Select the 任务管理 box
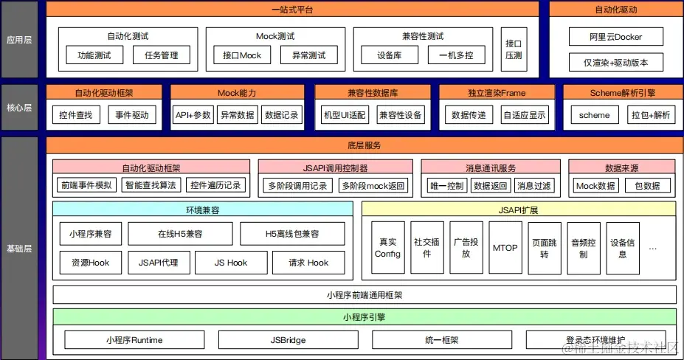click(161, 55)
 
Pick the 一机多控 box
click(456, 55)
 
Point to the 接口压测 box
click(512, 49)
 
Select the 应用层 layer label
click(19, 39)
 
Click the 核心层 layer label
click(19, 108)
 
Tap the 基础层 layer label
click(19, 249)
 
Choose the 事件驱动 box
click(132, 115)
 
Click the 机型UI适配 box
click(345, 115)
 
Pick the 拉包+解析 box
click(651, 115)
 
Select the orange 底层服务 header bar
click(361, 145)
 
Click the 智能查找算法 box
click(151, 186)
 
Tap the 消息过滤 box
click(534, 186)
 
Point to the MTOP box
click(505, 248)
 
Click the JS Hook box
click(231, 263)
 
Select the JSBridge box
click(288, 340)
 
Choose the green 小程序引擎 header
click(365, 318)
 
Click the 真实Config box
click(387, 248)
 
